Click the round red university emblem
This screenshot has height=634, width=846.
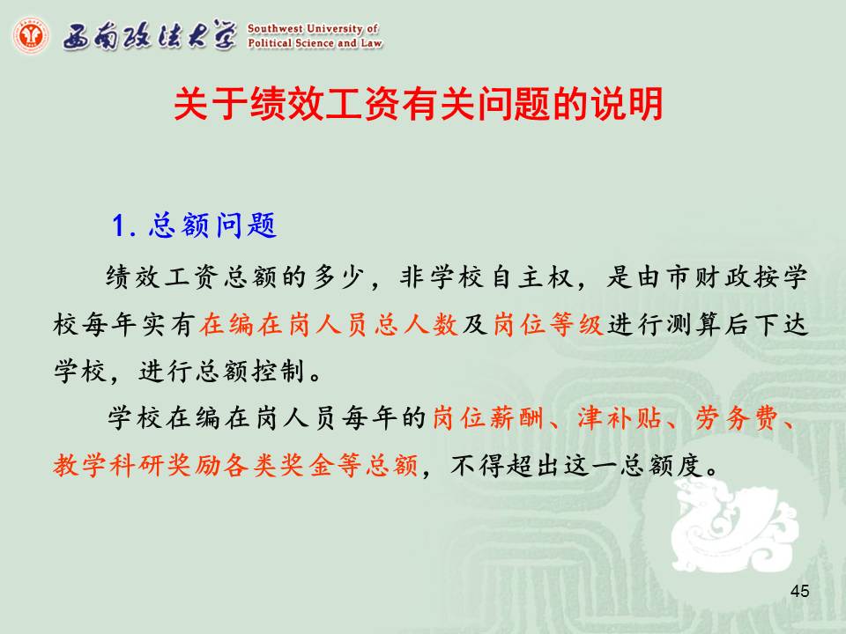(31, 35)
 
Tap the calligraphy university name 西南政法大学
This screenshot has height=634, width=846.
(150, 35)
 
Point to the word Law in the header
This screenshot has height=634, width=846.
(371, 43)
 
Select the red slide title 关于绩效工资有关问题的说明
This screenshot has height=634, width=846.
(418, 104)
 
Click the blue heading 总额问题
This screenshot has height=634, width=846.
(212, 225)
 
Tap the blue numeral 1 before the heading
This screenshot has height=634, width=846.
(120, 225)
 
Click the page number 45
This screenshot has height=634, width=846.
(799, 591)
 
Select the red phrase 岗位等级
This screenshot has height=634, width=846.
(548, 325)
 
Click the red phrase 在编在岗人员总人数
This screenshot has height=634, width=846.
(329, 325)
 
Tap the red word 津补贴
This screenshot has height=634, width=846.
(620, 417)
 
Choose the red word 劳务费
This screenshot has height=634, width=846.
(737, 417)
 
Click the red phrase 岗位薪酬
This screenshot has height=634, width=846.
(487, 417)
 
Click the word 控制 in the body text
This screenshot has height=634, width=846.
(278, 372)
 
